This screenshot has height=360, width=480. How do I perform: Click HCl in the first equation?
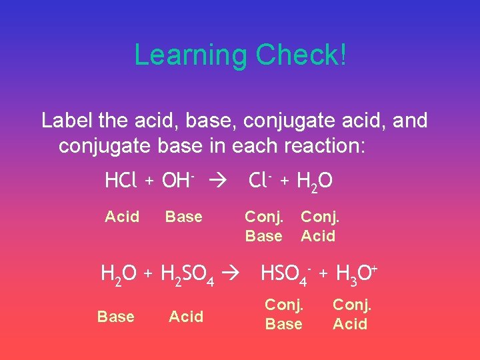coord(121,181)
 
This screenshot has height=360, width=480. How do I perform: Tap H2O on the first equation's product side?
coord(315,181)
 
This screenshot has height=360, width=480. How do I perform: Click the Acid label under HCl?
coord(122,217)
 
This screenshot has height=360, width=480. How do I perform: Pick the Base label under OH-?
coord(183,217)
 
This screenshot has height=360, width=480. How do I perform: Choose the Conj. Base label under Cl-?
coord(264,226)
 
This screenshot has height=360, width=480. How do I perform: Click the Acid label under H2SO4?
coord(186,317)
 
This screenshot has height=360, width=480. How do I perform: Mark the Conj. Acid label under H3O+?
coord(351,314)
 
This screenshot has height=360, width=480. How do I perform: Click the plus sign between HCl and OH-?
coord(150,181)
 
